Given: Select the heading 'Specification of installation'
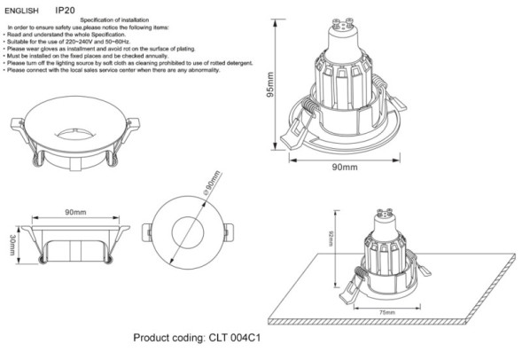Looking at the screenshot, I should click(113, 19).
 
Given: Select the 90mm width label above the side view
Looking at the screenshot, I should click(74, 214).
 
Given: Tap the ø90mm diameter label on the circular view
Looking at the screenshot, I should click(210, 188).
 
